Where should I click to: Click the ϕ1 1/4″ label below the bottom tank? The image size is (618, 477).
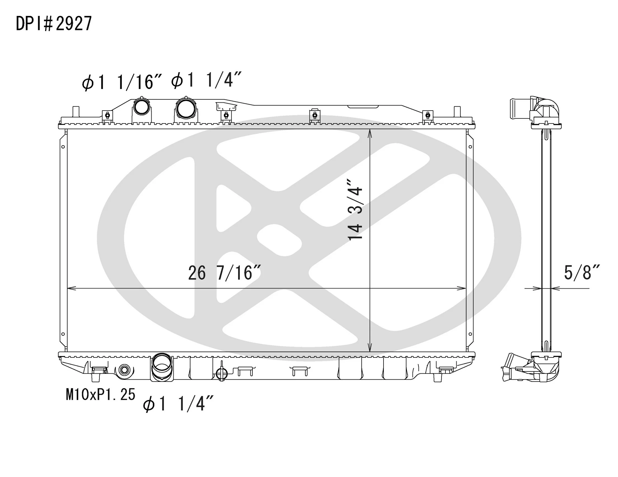tap(178, 403)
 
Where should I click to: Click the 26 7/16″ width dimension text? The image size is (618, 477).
tap(224, 273)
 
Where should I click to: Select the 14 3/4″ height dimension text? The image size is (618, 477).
tap(355, 209)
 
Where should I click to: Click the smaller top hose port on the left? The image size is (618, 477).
tap(142, 106)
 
